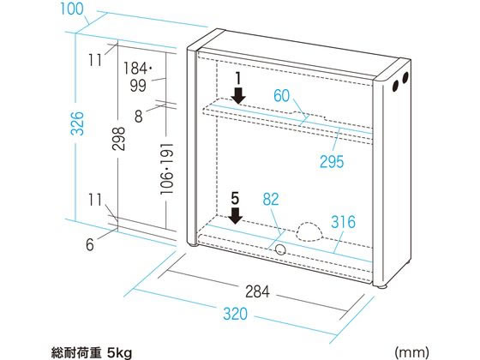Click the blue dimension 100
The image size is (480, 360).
72,9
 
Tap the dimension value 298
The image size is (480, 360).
119,139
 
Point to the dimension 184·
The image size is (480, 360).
138,68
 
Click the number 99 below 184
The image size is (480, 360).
138,86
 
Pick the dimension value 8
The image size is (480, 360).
139,117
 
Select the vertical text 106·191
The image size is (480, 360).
167,169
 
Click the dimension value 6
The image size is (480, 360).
90,244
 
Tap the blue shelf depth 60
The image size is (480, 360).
281,96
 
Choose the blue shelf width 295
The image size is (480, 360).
332,162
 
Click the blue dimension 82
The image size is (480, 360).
271,200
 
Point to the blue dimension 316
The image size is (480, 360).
343,222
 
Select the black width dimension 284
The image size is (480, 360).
257,291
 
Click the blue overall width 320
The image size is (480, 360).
235,314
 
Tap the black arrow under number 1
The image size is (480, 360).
238,96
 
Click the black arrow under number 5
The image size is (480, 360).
235,216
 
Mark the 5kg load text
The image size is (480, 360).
119,352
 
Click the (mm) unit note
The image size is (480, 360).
411,352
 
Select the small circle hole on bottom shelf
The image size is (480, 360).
280,250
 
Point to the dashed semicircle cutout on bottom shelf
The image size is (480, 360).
309,231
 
